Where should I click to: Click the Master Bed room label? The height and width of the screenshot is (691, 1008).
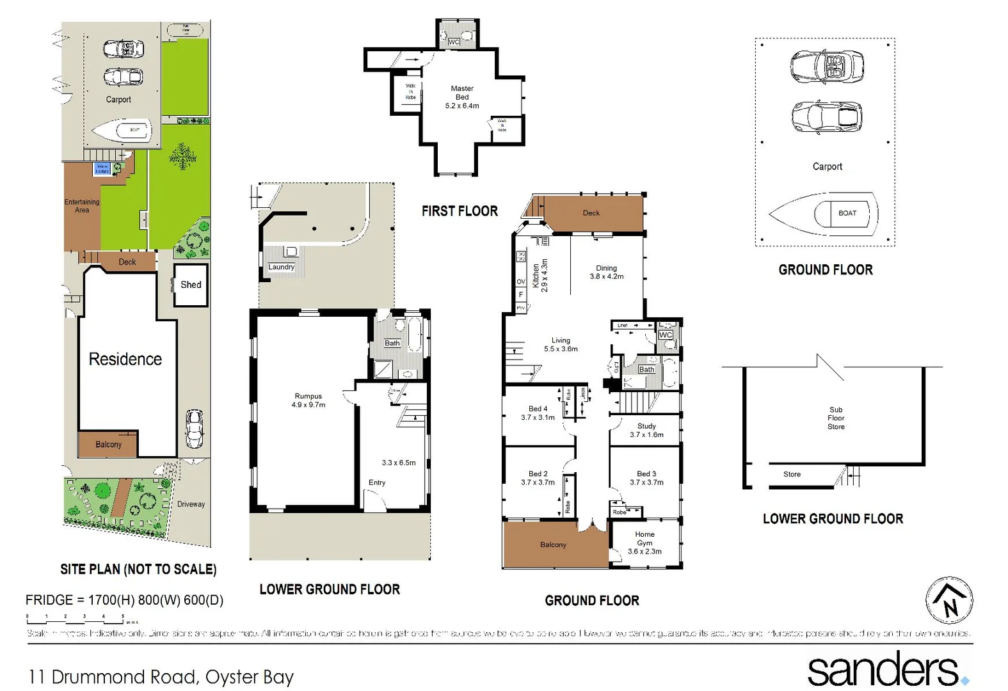(462, 97)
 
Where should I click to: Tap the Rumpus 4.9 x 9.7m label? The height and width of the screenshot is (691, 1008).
(308, 401)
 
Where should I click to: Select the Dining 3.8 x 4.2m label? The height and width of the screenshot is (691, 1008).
(606, 273)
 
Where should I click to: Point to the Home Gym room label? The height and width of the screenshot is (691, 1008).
(644, 543)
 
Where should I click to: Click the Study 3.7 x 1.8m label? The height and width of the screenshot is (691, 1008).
(646, 430)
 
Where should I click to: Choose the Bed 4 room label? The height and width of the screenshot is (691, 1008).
(538, 413)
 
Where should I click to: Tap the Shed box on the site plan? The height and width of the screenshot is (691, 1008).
(191, 285)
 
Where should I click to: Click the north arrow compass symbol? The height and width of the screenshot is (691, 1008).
(950, 600)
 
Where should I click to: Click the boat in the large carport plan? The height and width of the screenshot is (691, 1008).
(824, 214)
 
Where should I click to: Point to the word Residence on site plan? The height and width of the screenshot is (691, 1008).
(125, 359)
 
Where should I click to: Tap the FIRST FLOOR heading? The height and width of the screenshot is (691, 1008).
(460, 211)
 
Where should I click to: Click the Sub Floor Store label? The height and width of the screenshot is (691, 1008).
(836, 418)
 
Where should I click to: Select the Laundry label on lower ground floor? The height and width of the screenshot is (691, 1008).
(282, 267)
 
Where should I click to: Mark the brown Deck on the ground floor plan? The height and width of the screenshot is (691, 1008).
(591, 213)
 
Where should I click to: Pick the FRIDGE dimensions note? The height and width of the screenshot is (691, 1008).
(124, 600)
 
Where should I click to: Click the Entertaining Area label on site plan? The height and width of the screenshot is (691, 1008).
(82, 206)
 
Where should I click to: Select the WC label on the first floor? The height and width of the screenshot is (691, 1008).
(454, 42)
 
